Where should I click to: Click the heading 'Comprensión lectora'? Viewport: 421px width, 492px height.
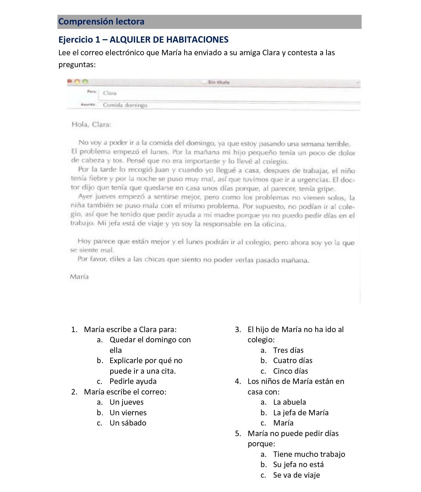click(x=101, y=21)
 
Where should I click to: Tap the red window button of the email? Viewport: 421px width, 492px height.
click(x=70, y=81)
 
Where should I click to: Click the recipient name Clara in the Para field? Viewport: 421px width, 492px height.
click(x=110, y=93)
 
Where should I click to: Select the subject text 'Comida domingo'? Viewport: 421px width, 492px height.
click(x=125, y=105)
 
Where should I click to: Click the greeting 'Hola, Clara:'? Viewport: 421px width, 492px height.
click(x=91, y=124)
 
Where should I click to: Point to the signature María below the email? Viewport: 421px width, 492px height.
click(x=79, y=277)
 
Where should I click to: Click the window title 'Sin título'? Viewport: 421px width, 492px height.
click(x=219, y=82)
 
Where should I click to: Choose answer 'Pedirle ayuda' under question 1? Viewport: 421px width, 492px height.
click(x=133, y=381)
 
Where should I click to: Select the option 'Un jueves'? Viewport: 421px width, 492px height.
click(x=126, y=402)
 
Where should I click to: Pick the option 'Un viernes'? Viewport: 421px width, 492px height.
click(x=128, y=413)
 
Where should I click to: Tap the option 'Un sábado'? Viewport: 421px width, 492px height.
click(x=128, y=423)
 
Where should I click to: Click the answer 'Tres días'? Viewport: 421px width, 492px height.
click(x=288, y=350)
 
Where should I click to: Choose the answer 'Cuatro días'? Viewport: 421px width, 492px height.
click(x=292, y=360)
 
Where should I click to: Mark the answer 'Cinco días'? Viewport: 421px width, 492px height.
click(x=290, y=371)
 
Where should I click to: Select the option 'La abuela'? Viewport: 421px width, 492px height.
click(x=289, y=402)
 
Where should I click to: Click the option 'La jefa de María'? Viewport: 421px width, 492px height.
click(x=301, y=413)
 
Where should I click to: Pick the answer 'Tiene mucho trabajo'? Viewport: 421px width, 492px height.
click(x=309, y=454)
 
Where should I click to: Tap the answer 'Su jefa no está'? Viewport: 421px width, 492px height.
click(x=298, y=464)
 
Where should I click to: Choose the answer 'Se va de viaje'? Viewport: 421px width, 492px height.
click(x=296, y=475)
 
